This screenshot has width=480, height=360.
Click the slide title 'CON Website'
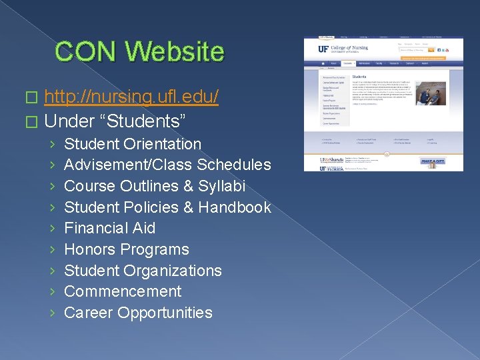[139, 51]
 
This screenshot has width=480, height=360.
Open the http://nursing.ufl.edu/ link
[131, 97]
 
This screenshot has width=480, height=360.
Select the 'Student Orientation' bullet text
[132, 144]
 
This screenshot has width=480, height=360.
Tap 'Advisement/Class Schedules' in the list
[167, 165]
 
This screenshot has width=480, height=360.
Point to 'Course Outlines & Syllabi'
[155, 186]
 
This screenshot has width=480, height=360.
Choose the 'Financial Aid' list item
[109, 228]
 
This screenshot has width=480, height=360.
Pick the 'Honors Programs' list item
[126, 249]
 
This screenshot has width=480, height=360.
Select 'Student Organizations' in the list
[143, 271]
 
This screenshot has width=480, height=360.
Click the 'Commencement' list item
[122, 291]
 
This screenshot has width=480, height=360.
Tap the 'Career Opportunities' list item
[138, 313]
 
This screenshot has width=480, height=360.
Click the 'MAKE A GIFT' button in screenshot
[433, 161]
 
